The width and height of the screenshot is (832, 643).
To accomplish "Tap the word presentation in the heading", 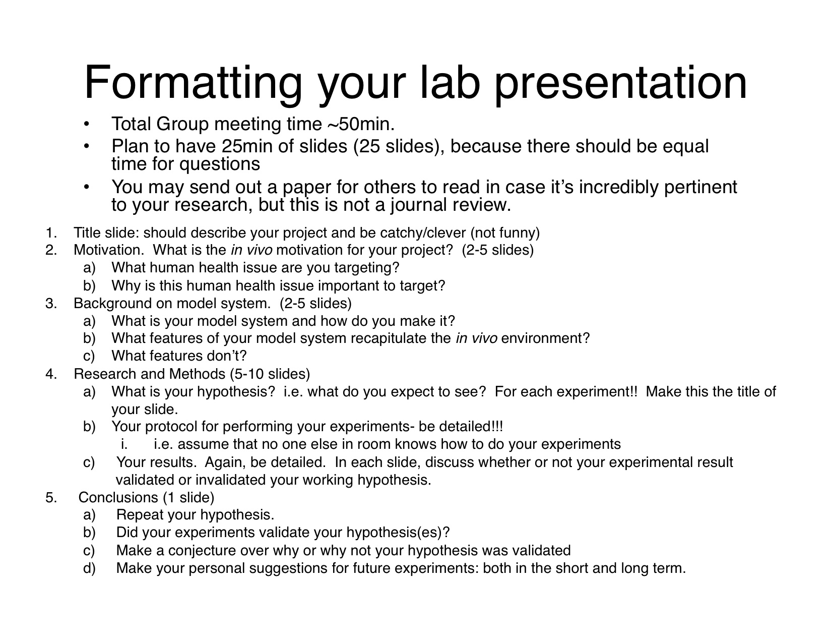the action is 621,84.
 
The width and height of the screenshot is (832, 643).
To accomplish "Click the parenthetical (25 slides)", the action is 398,146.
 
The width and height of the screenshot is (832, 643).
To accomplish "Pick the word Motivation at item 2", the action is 109,250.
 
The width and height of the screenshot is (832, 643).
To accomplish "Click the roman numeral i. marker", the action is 124,444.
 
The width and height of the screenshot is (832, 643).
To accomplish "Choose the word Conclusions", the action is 118,497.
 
